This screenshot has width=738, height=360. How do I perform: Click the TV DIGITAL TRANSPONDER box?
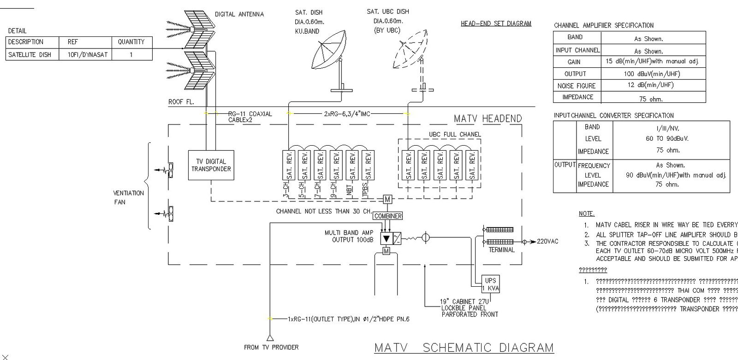[x=211, y=165]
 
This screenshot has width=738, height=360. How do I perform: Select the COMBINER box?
[x=388, y=216]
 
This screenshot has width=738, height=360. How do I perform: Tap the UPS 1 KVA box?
[x=490, y=284]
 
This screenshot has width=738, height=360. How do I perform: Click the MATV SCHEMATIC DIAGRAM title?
[x=464, y=348]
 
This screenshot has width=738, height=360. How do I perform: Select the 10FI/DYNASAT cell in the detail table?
[x=87, y=54]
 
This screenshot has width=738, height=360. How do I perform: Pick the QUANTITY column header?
[x=131, y=42]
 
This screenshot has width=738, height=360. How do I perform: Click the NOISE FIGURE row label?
[x=577, y=86]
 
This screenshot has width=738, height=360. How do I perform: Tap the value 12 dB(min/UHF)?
[x=653, y=85]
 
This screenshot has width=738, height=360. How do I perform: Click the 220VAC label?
[x=548, y=242]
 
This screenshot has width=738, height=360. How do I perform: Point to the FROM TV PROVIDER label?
[x=271, y=347]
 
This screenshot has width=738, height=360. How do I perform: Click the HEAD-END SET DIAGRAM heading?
[x=496, y=24]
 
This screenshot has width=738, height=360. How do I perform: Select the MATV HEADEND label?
[x=488, y=118]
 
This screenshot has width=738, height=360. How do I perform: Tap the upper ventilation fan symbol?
[x=170, y=170]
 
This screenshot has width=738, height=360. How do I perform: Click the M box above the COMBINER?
[x=387, y=200]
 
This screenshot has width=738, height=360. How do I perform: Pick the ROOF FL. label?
[x=181, y=102]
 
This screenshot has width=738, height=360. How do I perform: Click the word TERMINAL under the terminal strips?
[x=501, y=250]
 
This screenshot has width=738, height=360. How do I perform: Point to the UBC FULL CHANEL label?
[x=455, y=135]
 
